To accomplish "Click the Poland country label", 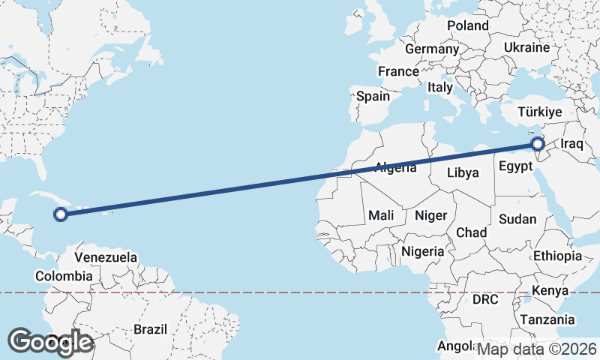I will [467, 25].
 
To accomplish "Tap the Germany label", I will [431, 49].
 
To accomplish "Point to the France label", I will [397, 72].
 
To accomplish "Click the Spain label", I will [373, 96].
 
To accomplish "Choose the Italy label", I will [440, 87].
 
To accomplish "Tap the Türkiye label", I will [540, 112].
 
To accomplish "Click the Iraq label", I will [571, 143].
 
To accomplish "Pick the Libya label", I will [463, 172].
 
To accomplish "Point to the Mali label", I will [381, 216].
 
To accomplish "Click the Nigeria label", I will [423, 251].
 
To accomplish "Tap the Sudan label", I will [517, 219].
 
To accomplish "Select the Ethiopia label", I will [557, 256].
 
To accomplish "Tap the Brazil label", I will [150, 328].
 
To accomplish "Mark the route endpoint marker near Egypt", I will [537, 143].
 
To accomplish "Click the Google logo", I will [50, 342].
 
